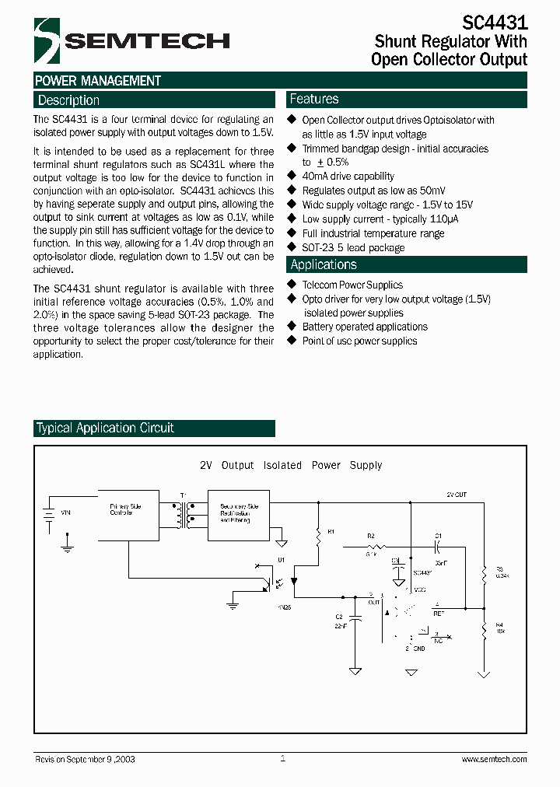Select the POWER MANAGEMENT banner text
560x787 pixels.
pyautogui.click(x=98, y=81)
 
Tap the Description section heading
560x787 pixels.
pyautogui.click(x=69, y=100)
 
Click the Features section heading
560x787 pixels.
pyautogui.click(x=314, y=100)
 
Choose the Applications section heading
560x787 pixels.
pyautogui.click(x=324, y=265)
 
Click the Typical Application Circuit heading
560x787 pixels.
pyautogui.click(x=106, y=428)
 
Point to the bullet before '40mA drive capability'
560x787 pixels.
pyautogui.click(x=292, y=177)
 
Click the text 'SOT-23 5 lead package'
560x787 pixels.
pyautogui.click(x=353, y=247)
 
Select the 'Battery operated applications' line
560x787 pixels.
pyautogui.click(x=365, y=327)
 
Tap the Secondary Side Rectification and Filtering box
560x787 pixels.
pyautogui.click(x=238, y=515)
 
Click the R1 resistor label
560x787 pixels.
pyautogui.click(x=331, y=531)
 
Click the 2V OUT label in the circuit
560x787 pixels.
pyautogui.click(x=457, y=494)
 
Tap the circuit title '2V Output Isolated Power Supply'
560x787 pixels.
pyautogui.click(x=291, y=465)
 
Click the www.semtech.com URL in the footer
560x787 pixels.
pyautogui.click(x=494, y=759)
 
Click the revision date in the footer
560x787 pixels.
pyautogui.click(x=85, y=759)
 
